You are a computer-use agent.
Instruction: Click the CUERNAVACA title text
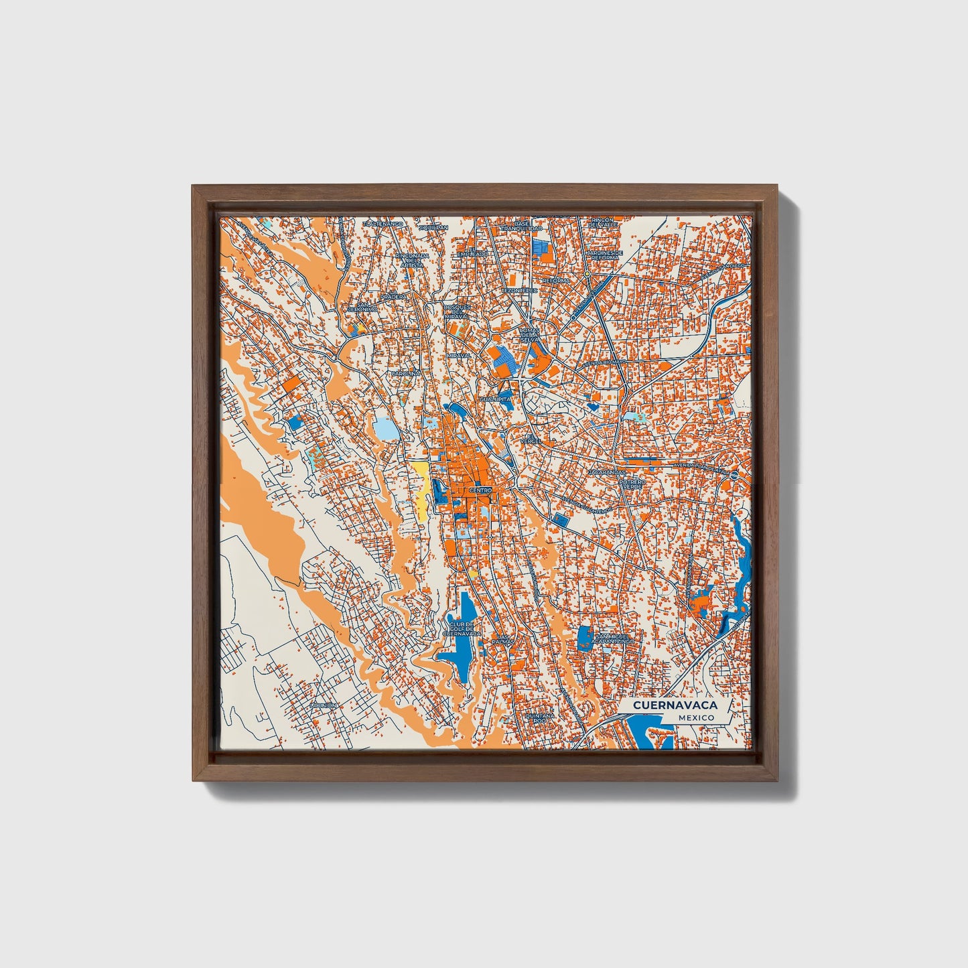pos(675,705)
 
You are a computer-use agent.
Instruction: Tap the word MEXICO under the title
pos(695,717)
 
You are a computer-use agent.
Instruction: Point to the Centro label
pos(480,490)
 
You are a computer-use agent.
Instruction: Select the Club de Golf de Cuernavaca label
pos(462,628)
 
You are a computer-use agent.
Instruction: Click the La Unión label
pos(324,705)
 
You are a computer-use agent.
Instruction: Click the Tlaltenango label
pos(383,224)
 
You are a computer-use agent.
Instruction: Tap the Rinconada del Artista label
pos(411,260)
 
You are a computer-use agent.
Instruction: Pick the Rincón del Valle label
pos(602,222)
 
